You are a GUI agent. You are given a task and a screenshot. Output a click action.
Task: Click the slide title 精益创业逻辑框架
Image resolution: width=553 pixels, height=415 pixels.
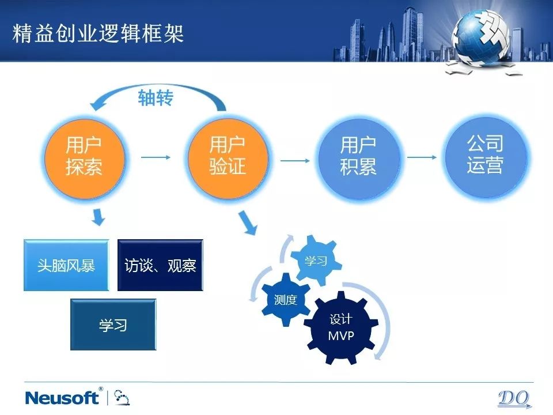[98, 34]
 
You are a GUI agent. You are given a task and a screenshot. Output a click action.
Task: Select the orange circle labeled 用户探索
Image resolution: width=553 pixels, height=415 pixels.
[85, 159]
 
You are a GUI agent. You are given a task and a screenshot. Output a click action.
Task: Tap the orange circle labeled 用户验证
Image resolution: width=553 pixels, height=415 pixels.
[228, 159]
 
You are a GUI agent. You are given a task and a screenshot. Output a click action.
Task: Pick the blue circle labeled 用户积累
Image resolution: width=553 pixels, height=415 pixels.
[359, 159]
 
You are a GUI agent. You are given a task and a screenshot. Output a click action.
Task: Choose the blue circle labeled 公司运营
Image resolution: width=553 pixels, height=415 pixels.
[486, 157]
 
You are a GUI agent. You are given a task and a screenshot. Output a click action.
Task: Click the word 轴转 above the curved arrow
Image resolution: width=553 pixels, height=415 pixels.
[156, 98]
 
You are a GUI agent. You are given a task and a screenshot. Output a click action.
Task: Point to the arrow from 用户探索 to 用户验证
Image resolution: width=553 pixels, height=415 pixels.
[156, 157]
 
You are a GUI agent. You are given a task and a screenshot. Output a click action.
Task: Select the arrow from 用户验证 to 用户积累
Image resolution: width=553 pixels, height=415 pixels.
[295, 161]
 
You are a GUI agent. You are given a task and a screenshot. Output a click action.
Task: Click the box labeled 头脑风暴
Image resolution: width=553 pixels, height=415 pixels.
[66, 265]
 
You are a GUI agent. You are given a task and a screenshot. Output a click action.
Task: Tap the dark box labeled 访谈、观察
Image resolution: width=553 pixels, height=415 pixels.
[160, 265]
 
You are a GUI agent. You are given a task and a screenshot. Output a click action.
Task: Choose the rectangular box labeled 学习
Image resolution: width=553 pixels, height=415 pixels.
[113, 325]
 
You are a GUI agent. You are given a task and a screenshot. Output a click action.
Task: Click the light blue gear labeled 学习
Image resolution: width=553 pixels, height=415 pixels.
[316, 261]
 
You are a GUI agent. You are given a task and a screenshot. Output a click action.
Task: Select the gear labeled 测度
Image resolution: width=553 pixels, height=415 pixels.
[286, 300]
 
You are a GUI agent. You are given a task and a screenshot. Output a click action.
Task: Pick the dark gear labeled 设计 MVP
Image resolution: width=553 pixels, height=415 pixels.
[341, 327]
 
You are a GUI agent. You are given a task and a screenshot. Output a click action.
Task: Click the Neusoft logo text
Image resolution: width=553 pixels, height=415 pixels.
[62, 398]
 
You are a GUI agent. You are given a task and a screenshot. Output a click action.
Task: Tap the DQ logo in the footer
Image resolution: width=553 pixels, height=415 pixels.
[514, 399]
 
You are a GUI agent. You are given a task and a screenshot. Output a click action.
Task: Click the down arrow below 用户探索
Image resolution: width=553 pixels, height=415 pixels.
[99, 217]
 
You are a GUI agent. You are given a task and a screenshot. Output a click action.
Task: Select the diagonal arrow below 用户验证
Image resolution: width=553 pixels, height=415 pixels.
[248, 222]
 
